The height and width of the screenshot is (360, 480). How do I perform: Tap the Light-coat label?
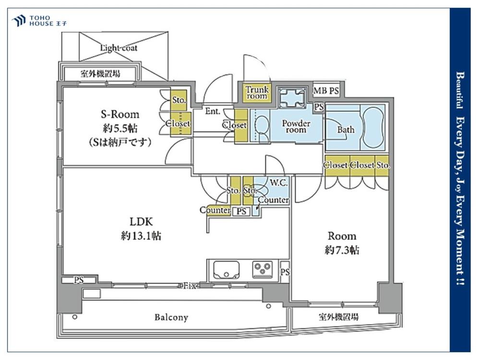(x=119, y=48)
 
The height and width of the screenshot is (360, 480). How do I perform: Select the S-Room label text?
(x=120, y=114)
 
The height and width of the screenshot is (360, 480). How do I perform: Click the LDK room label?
(x=141, y=221)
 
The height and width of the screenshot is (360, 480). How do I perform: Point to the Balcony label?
(x=171, y=317)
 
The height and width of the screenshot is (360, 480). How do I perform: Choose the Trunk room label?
(x=257, y=93)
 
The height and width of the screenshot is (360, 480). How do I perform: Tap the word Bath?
(x=346, y=130)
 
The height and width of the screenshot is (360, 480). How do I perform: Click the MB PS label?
(x=326, y=90)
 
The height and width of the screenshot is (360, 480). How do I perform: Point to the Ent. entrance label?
(x=213, y=111)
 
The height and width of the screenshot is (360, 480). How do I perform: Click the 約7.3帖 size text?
(x=342, y=250)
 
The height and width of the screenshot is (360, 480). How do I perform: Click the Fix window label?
(x=189, y=286)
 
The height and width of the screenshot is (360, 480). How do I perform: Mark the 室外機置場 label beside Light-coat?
(x=100, y=74)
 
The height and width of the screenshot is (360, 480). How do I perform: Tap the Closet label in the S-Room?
(x=178, y=123)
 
